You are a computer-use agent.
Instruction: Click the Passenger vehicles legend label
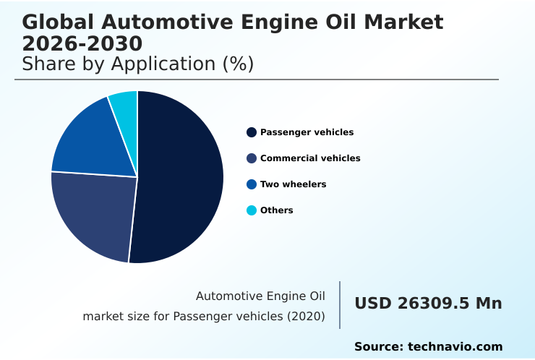[x=307, y=132]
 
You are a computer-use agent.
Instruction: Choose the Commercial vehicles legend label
[x=310, y=158]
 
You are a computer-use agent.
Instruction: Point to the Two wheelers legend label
[x=293, y=184]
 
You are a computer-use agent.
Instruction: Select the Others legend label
[x=277, y=210]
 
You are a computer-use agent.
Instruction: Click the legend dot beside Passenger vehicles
[x=252, y=132]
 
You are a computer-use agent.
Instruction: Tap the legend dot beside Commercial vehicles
[x=252, y=158]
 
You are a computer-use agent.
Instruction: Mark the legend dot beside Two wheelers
[x=252, y=184]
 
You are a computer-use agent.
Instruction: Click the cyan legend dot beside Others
[x=252, y=210]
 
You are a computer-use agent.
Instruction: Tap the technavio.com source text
[x=455, y=347]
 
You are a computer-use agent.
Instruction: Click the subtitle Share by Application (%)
[x=137, y=64]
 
